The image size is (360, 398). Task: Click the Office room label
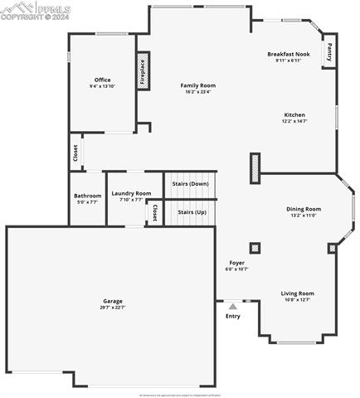(x=102, y=80)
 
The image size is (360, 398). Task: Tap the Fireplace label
(x=142, y=72)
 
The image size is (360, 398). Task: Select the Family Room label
(x=197, y=85)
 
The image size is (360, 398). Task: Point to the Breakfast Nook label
(x=289, y=54)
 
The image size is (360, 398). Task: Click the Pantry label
(x=329, y=52)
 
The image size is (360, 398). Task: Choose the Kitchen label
(x=294, y=114)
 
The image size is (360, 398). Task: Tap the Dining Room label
(x=303, y=209)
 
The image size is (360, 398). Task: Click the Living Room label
(x=296, y=293)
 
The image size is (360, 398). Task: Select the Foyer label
(x=236, y=263)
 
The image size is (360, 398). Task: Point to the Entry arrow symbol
(x=232, y=307)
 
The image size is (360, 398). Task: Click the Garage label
(x=113, y=301)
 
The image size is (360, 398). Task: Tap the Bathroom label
(x=88, y=196)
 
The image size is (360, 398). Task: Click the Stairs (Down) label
(x=190, y=183)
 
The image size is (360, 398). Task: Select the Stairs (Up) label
(x=191, y=212)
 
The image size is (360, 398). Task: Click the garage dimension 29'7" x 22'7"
(x=113, y=308)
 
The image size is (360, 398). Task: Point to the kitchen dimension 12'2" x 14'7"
(x=294, y=121)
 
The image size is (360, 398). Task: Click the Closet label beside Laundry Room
(x=155, y=213)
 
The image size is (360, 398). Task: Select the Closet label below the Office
(x=75, y=153)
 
